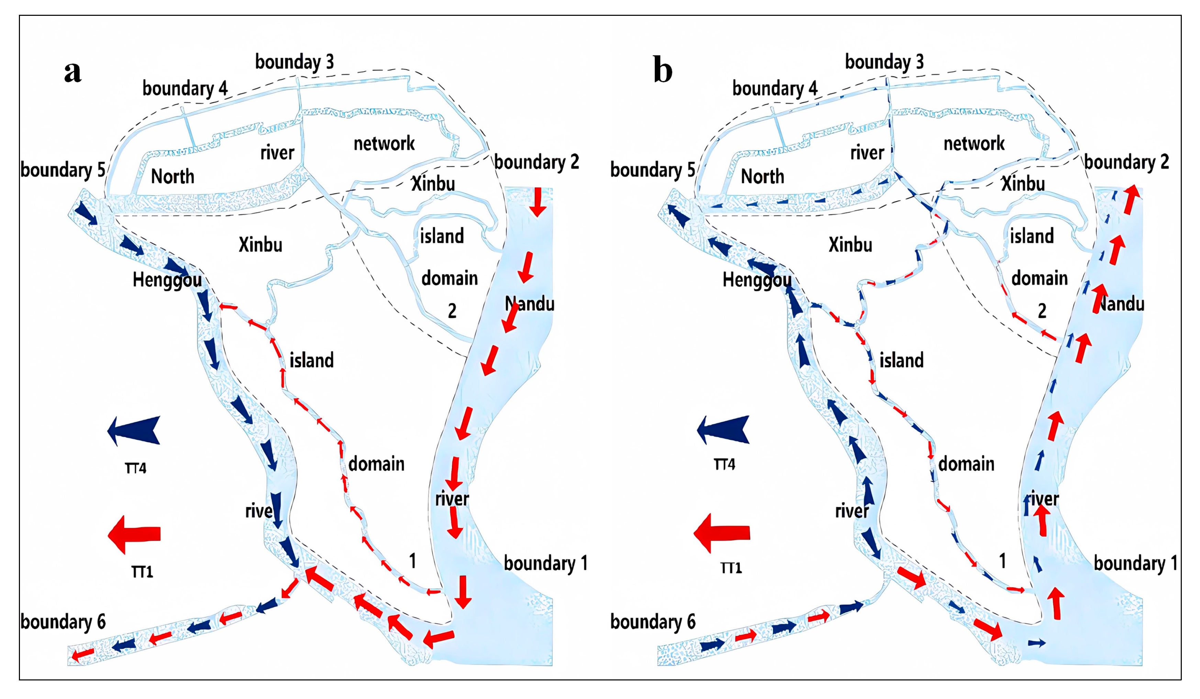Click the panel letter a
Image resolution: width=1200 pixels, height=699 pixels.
(x=73, y=72)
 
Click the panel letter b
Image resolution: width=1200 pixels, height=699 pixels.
(x=662, y=70)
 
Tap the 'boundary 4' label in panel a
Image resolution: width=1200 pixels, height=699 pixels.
(x=185, y=89)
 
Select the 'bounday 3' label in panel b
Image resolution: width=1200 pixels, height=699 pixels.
(x=884, y=62)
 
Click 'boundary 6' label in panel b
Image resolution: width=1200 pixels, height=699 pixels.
(x=653, y=622)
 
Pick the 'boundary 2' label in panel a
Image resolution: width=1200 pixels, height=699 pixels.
(x=537, y=162)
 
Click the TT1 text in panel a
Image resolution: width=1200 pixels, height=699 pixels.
(x=142, y=571)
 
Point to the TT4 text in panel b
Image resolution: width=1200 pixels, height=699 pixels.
(x=724, y=464)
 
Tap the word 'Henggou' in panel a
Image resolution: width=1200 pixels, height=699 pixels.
(x=167, y=280)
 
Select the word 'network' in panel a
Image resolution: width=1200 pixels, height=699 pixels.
(x=384, y=143)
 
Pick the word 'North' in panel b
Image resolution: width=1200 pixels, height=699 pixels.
(x=762, y=177)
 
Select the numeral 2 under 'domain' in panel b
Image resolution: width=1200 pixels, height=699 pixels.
(x=1042, y=312)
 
